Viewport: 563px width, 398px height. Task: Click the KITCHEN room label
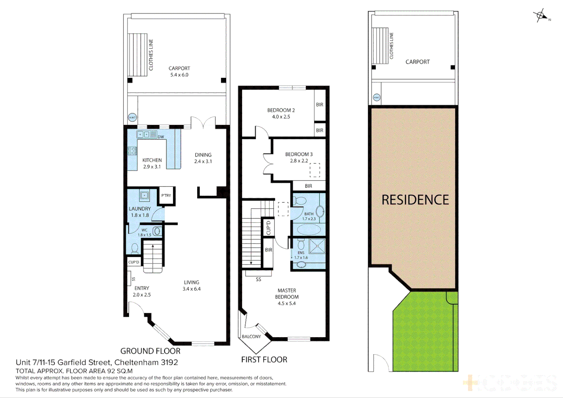tap(152, 160)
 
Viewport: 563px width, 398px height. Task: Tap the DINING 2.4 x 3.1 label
tap(203, 158)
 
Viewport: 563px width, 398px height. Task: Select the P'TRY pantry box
tap(166, 195)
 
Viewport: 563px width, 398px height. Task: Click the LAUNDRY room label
tap(140, 209)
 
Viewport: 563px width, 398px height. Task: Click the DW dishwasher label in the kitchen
tap(161, 137)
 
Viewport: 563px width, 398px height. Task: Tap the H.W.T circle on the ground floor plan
tap(132, 118)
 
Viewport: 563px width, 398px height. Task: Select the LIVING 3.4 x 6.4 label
tap(192, 286)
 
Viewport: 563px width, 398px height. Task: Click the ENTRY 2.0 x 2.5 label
tap(142, 291)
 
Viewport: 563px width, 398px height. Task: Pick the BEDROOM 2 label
tap(281, 110)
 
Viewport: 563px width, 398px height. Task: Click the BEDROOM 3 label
tap(299, 154)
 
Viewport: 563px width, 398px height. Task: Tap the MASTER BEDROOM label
tap(287, 294)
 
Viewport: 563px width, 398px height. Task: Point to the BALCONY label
tap(251, 336)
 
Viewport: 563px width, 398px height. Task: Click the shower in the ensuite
tap(317, 246)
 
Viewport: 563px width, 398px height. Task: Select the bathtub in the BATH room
tap(309, 229)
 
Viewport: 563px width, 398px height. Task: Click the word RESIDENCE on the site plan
tap(415, 200)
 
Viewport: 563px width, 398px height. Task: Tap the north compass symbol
tap(541, 16)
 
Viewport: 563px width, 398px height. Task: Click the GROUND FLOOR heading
tap(150, 351)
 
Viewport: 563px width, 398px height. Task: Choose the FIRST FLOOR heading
tap(264, 360)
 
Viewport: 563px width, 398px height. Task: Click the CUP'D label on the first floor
tap(269, 227)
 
